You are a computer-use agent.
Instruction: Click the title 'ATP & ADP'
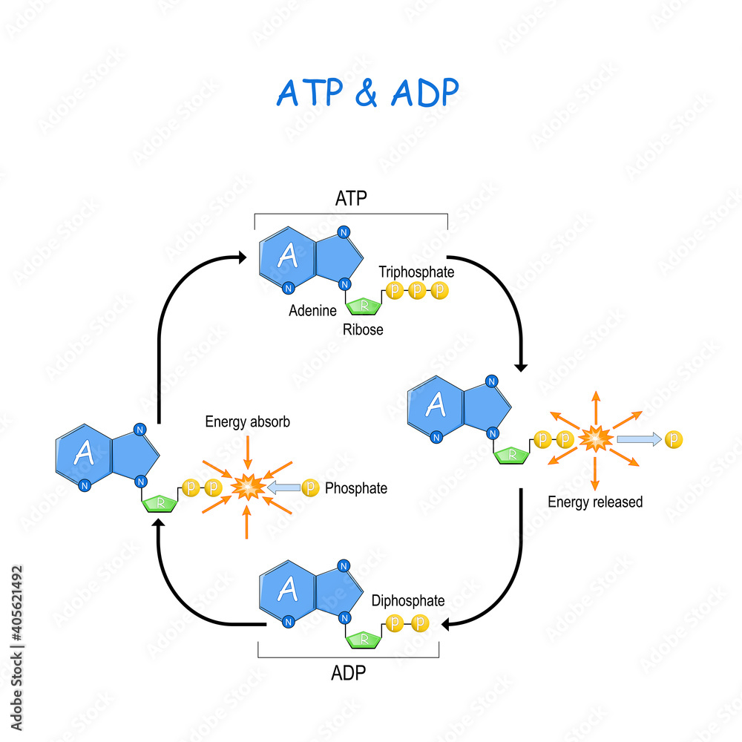tap(367, 91)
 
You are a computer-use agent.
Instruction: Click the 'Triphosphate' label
tap(416, 272)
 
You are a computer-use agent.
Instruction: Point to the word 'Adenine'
tap(312, 311)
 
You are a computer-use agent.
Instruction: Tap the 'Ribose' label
tap(363, 329)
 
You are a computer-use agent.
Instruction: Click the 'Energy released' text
tap(595, 502)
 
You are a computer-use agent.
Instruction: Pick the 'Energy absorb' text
tap(247, 422)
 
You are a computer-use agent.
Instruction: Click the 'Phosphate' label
tap(356, 489)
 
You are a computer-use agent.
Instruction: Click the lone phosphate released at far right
tap(674, 440)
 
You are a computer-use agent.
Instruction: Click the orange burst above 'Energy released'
tap(594, 439)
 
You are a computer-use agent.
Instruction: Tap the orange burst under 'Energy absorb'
tap(247, 487)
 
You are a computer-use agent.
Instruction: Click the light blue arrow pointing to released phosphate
tap(637, 440)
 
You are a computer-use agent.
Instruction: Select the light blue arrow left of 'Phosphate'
tap(283, 488)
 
